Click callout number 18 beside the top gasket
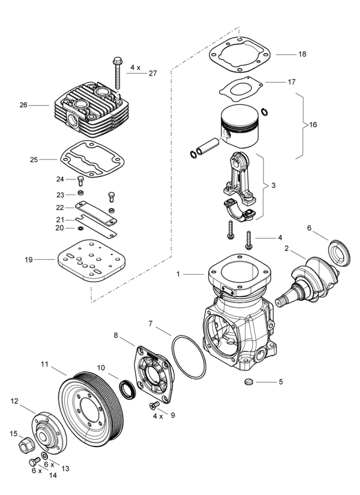click(302, 54)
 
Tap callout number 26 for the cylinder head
click(23, 105)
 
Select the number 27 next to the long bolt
click(152, 73)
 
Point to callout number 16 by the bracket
click(313, 125)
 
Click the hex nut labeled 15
click(26, 444)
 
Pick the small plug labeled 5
click(251, 382)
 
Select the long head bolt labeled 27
click(115, 75)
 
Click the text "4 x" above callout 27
click(134, 68)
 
